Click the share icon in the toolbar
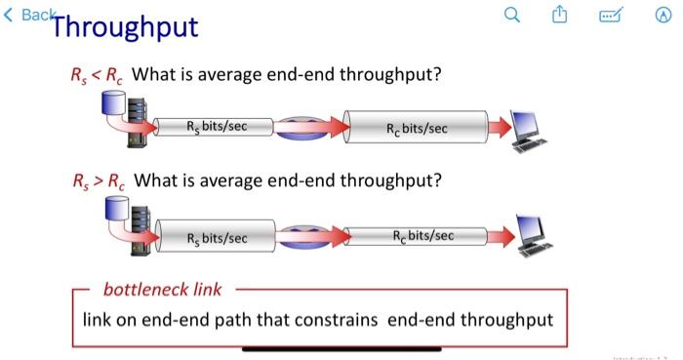tap(560, 15)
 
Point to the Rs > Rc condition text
tap(99, 181)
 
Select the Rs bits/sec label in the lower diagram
tap(217, 238)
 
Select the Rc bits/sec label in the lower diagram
tap(422, 235)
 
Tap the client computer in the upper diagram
tap(529, 131)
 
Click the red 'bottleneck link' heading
tap(163, 290)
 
